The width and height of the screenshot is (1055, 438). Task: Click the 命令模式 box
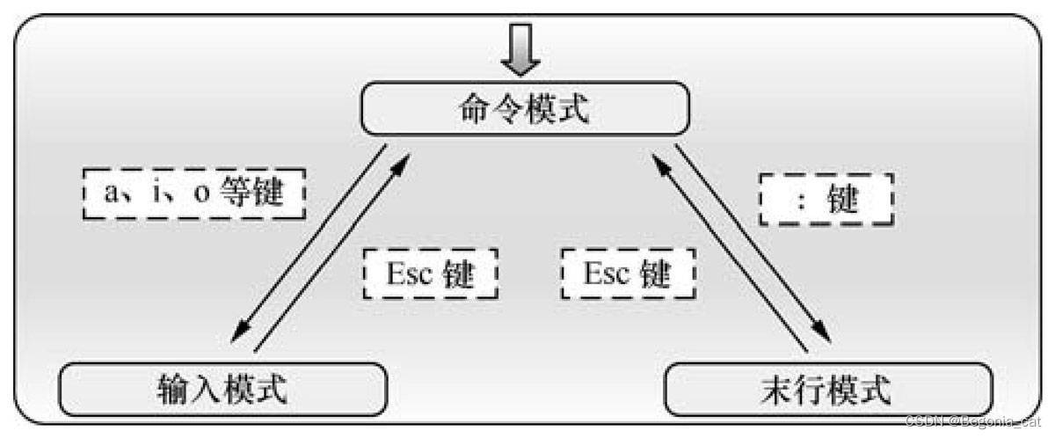pyautogui.click(x=525, y=108)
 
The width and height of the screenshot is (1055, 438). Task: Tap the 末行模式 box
pyautogui.click(x=827, y=389)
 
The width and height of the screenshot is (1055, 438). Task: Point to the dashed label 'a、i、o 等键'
pyautogui.click(x=193, y=193)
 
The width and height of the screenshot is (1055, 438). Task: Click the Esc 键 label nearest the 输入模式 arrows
pyautogui.click(x=430, y=274)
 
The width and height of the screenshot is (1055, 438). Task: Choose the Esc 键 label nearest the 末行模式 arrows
pyautogui.click(x=628, y=274)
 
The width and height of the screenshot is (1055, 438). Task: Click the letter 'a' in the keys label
pyautogui.click(x=112, y=194)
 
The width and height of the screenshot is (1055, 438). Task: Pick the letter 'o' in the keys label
pyautogui.click(x=201, y=194)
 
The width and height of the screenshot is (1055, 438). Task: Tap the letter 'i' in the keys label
pyautogui.click(x=158, y=193)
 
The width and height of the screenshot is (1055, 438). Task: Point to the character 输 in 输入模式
pyautogui.click(x=171, y=389)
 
